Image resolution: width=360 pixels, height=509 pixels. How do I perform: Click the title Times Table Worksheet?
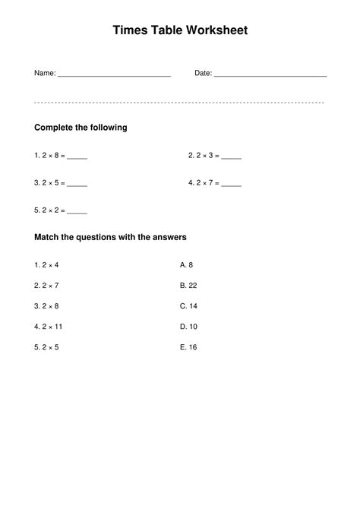coord(180,30)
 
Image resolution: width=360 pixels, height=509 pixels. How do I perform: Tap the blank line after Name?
coord(114,75)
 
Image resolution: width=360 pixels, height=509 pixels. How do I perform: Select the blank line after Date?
coord(270,75)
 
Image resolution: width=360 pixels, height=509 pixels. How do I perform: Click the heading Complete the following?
coord(81,128)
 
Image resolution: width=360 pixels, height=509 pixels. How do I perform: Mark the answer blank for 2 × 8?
coord(77,157)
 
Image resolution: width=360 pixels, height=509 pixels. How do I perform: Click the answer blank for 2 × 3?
coord(232,157)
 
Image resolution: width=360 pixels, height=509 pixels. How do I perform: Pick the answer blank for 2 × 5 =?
coord(77,185)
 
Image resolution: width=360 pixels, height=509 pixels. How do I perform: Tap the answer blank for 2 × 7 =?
coord(232,185)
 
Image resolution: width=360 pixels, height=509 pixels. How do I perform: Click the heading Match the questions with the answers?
coord(111,238)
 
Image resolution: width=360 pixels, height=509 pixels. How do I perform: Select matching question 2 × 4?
coord(46,265)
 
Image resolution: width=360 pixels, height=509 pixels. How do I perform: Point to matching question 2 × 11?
coord(49,327)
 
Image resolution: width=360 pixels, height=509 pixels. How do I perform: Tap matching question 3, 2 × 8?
coord(46,306)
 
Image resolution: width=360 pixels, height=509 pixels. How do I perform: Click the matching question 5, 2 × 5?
coord(46,347)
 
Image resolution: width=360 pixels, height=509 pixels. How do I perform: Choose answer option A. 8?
coord(187,265)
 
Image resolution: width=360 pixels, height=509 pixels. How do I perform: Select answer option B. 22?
coord(189,286)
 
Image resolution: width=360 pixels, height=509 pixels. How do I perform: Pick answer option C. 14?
coord(189,306)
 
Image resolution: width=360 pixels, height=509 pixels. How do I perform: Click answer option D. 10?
coord(189,327)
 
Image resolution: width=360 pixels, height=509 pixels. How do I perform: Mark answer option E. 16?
coord(189,347)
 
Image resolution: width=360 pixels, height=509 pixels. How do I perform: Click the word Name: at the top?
coord(45,73)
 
